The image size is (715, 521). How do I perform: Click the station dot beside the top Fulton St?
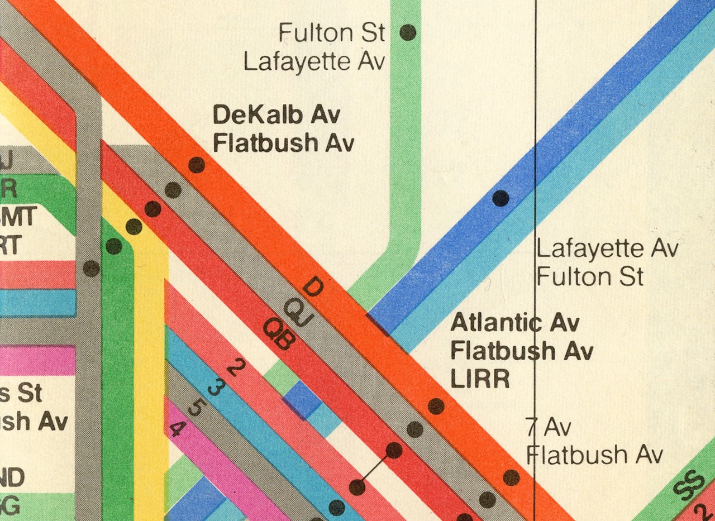point(408,33)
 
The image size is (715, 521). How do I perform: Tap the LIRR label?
point(480,379)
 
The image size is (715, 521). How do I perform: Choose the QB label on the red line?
point(278,335)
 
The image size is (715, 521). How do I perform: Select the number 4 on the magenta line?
point(177,429)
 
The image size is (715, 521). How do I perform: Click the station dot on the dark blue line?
point(500,198)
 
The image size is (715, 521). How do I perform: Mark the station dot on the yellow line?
point(134,227)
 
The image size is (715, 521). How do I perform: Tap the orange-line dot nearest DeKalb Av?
point(196,165)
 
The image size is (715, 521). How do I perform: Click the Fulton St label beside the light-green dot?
point(332,33)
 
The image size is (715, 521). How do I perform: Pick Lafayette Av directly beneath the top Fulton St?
point(314,62)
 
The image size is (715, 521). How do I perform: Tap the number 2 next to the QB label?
point(236,367)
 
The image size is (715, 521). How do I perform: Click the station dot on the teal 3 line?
point(336,508)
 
